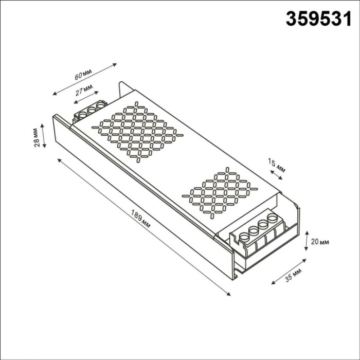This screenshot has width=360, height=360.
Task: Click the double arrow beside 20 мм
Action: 307,241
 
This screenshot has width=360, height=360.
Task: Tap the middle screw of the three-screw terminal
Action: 92,109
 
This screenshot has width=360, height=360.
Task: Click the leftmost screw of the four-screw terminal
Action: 245,237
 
